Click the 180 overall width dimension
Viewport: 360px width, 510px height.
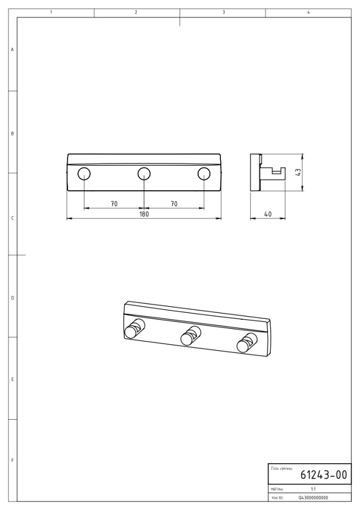(144, 214)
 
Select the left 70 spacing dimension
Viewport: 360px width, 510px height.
(114, 204)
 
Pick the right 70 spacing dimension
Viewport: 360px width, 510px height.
(174, 204)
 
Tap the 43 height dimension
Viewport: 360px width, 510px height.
(298, 172)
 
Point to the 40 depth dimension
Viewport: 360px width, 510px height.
(268, 214)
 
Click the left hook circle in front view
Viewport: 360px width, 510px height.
(84, 174)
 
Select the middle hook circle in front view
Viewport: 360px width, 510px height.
(144, 174)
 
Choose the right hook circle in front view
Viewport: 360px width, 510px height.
(204, 174)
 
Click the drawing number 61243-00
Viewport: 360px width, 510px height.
(323, 475)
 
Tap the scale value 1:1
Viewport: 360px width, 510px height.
(313, 489)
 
